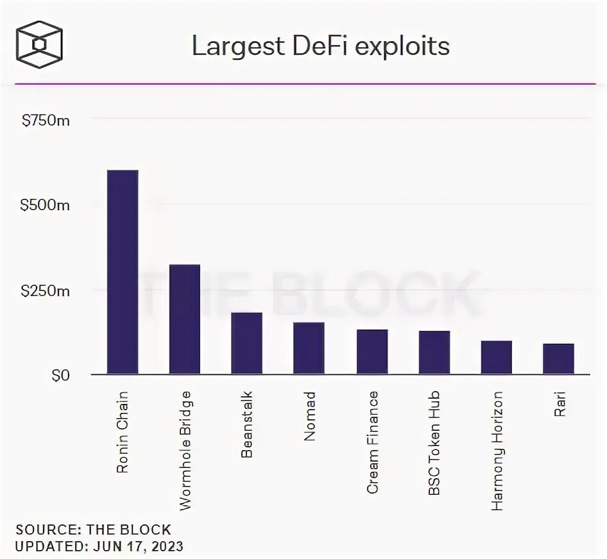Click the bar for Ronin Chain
122,272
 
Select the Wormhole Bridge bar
184,319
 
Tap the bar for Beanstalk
246,343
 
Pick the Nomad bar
309,348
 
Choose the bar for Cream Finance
372,352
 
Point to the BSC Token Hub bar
434,353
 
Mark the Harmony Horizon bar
496,357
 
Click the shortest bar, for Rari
558,359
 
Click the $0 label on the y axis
61,376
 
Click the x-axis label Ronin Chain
123,431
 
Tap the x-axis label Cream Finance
372,442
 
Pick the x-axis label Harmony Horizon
497,450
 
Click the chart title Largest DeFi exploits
321,46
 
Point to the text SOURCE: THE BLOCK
94,530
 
